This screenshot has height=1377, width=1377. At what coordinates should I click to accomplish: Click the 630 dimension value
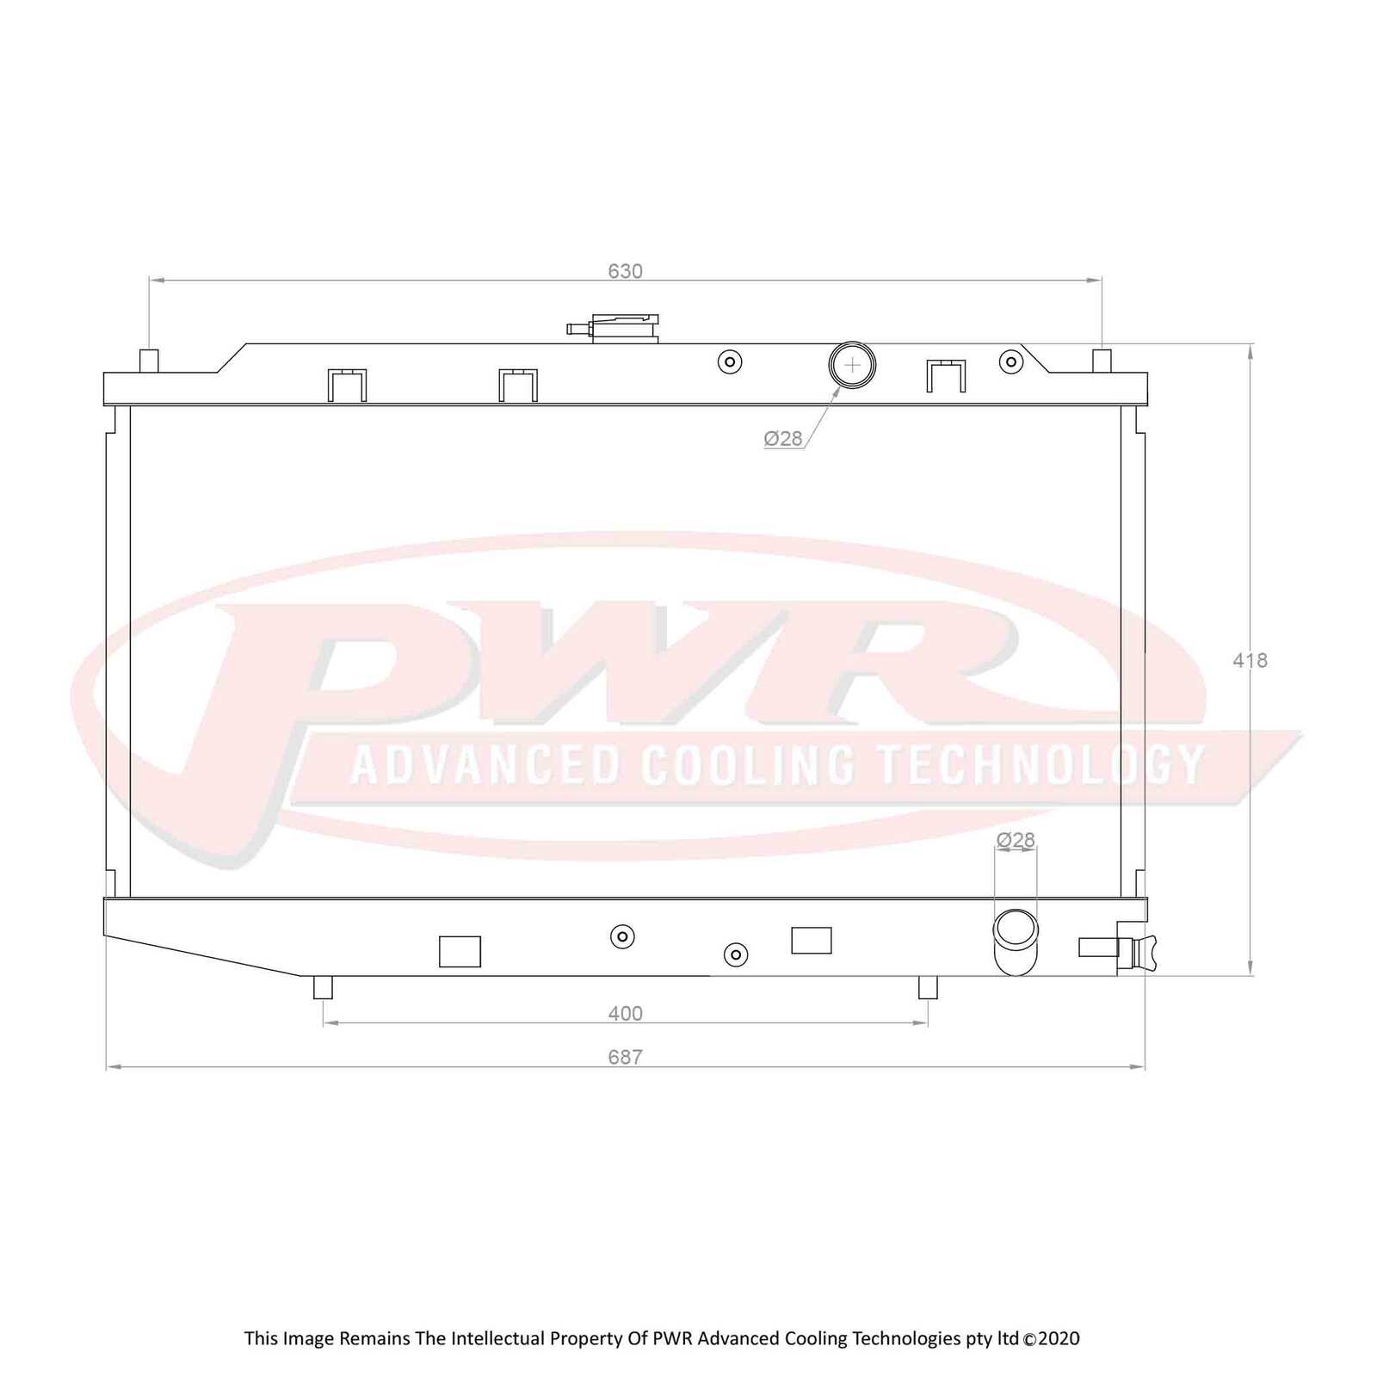pos(625,271)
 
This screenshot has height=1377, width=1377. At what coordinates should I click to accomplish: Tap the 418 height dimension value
pos(1250,660)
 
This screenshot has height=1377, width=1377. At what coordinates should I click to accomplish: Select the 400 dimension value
pos(625,1014)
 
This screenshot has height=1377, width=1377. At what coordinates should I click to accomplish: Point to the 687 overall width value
pos(625,1057)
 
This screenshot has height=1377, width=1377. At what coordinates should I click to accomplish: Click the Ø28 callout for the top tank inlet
pos(783,439)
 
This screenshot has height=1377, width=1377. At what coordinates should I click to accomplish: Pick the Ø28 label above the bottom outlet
pos(1016,840)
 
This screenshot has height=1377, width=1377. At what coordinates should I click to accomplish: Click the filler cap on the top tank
pos(624,328)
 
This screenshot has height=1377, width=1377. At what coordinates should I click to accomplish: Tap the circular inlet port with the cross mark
pos(852,365)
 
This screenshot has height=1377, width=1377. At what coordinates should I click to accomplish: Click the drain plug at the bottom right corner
pos(1136,949)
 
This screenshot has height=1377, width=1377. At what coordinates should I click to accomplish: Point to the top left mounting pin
pos(150,360)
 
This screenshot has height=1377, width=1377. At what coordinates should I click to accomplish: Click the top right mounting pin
pos(1102,360)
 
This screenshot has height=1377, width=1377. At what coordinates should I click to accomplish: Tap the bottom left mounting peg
pos(323,987)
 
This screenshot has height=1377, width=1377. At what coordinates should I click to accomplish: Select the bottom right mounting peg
pos(928,987)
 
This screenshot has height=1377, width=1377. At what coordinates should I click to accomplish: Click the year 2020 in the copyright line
pos(1059,1338)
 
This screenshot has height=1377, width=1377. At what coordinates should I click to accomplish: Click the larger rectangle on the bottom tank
pos(460,951)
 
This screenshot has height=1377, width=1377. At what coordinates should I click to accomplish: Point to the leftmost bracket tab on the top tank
pos(347,385)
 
